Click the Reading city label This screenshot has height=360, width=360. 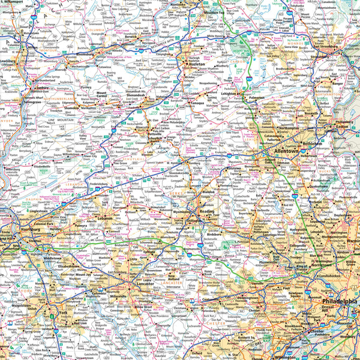pos(206,212)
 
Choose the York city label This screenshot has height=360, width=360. pos(63,313)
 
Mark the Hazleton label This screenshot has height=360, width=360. pos(197,63)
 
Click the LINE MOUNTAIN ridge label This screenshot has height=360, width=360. pos(60,122)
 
